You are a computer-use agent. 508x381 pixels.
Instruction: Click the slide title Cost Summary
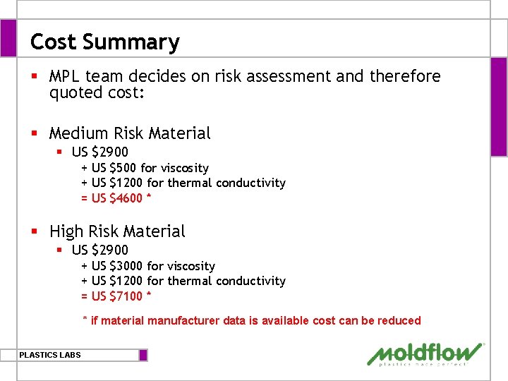[104, 42]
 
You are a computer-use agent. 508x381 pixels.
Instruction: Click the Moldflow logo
[425, 354]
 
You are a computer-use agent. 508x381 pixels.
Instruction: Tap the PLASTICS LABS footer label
[50, 355]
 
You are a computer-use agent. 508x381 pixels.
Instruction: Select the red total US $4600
[117, 198]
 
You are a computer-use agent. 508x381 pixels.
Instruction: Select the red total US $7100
[117, 296]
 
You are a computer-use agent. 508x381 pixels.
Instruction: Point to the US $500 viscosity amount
[114, 168]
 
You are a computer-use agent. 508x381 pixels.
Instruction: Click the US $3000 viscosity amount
[117, 266]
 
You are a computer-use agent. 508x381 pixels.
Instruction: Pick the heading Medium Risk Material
[130, 133]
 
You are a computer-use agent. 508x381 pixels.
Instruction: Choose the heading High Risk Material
[117, 231]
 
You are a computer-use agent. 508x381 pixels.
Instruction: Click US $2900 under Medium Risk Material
[99, 152]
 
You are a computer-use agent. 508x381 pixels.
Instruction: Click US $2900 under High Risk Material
[99, 250]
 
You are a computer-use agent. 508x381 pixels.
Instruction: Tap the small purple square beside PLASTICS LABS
[143, 355]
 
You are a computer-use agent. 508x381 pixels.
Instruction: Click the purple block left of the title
[8, 38]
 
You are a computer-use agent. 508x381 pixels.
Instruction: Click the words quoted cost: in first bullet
[97, 92]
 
